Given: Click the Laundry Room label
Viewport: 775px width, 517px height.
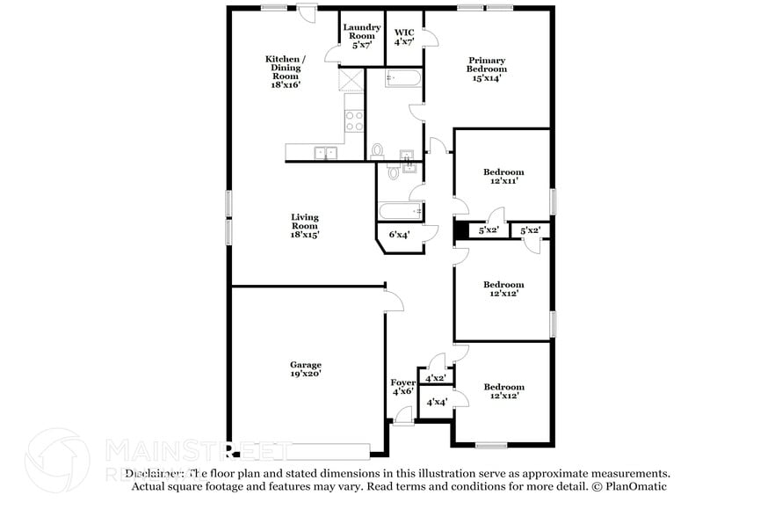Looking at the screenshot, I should (361, 36).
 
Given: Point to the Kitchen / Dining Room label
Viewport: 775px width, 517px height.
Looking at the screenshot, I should (286, 71).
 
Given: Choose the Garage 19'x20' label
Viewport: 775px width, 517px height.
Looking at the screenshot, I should (306, 369).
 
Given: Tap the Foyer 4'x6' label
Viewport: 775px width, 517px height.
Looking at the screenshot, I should (402, 387).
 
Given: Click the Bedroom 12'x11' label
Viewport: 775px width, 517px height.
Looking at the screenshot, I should (503, 176).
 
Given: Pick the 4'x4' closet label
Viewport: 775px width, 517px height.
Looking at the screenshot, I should (436, 402).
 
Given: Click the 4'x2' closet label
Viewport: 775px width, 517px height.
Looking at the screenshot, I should (435, 378).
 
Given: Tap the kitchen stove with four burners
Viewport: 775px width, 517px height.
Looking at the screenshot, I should (354, 121).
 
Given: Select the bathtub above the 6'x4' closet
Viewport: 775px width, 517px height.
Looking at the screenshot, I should (401, 212).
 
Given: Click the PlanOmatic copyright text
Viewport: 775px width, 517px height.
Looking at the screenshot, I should (629, 486).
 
